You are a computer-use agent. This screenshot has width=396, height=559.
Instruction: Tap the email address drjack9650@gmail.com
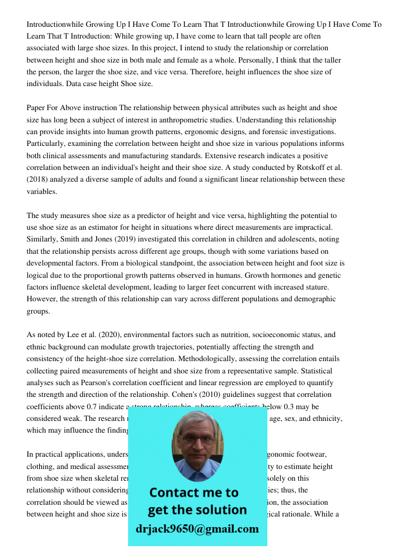(197, 529)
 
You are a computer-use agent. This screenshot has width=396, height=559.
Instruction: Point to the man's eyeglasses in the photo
(197, 439)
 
